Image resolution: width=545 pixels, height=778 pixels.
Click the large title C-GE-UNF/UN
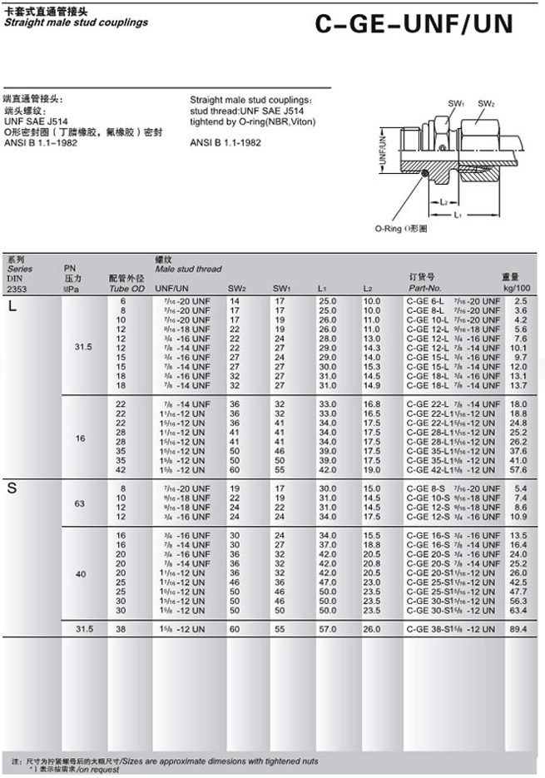point(415,25)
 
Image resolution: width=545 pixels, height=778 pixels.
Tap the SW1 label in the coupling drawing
point(455,103)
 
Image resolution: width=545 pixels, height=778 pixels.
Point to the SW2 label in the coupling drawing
point(486,103)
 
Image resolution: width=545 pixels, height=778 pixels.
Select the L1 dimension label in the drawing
point(457,215)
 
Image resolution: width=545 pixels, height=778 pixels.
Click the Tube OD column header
point(126,288)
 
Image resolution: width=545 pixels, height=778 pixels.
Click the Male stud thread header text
point(188,269)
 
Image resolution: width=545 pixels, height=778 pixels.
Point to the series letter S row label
point(12,488)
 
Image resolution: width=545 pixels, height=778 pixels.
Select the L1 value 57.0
point(327,628)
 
